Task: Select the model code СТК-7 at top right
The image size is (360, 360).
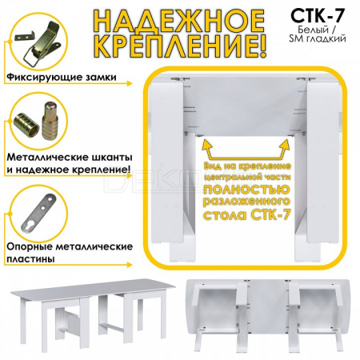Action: pyautogui.click(x=318, y=16)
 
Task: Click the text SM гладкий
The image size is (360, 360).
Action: pyautogui.click(x=318, y=38)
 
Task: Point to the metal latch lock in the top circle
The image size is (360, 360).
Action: pyautogui.click(x=42, y=44)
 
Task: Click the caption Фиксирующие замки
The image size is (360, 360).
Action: pyautogui.click(x=62, y=78)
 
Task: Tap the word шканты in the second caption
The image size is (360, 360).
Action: pyautogui.click(x=108, y=157)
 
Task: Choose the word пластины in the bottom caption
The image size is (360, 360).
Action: pyautogui.click(x=30, y=259)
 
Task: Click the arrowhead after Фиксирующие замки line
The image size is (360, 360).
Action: pyautogui.click(x=129, y=83)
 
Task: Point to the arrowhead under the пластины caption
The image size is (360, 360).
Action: pyautogui.click(x=129, y=265)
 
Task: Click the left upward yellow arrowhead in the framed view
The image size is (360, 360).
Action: pyautogui.click(x=206, y=144)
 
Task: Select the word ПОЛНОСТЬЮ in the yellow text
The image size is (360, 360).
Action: pyautogui.click(x=246, y=189)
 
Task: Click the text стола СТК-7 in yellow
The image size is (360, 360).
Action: pyautogui.click(x=246, y=214)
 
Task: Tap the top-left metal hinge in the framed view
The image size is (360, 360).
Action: pyautogui.click(x=178, y=79)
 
